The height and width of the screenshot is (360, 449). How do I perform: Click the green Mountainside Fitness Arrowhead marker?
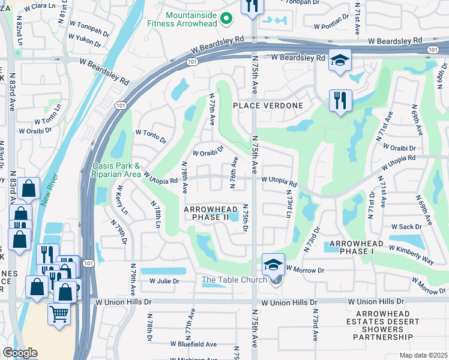coord(226,19)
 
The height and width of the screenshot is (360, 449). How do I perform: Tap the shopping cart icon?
coord(59,313)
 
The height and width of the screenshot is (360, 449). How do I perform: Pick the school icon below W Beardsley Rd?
coord(340,61)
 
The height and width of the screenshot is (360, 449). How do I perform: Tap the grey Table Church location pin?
coord(276,280)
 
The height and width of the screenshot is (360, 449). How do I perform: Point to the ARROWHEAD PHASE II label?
coord(206,213)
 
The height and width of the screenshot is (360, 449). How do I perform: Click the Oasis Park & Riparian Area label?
coord(116,170)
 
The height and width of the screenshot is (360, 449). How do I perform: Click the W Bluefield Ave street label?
coord(193,344)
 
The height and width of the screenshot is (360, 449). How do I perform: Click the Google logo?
coord(20,353)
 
